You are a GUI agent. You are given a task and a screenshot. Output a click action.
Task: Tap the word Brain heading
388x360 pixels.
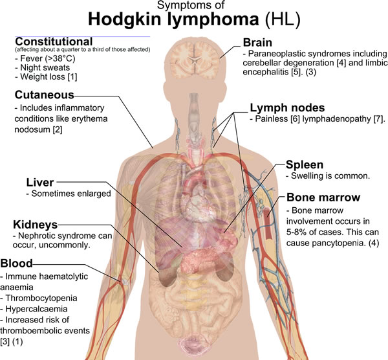[257, 43]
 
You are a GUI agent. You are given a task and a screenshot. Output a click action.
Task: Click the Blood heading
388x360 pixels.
[16, 264]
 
